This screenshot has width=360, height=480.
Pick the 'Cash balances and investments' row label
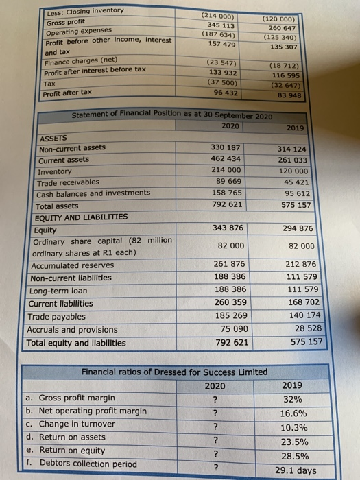click(94, 193)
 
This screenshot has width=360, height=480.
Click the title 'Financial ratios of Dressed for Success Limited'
click(174, 372)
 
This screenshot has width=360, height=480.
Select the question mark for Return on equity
click(215, 454)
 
